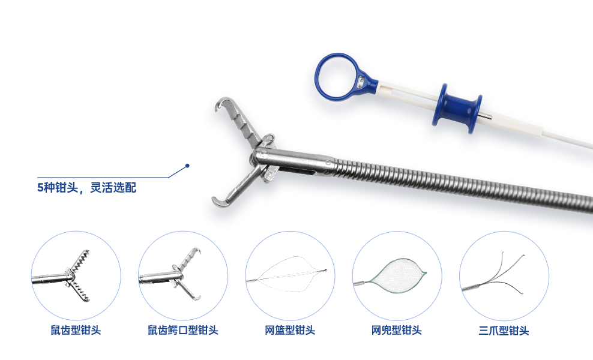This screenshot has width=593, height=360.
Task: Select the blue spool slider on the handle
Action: click(x=457, y=108)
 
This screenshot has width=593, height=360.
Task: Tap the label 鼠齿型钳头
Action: click(x=76, y=330)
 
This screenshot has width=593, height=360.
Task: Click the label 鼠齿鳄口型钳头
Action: click(x=183, y=330)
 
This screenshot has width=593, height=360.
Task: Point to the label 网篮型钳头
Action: click(x=290, y=330)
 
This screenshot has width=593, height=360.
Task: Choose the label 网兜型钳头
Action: click(x=397, y=330)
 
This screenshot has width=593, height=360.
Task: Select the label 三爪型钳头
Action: click(x=504, y=331)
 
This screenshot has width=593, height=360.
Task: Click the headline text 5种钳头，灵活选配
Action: click(x=86, y=188)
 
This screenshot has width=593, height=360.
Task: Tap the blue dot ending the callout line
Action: click(x=187, y=166)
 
